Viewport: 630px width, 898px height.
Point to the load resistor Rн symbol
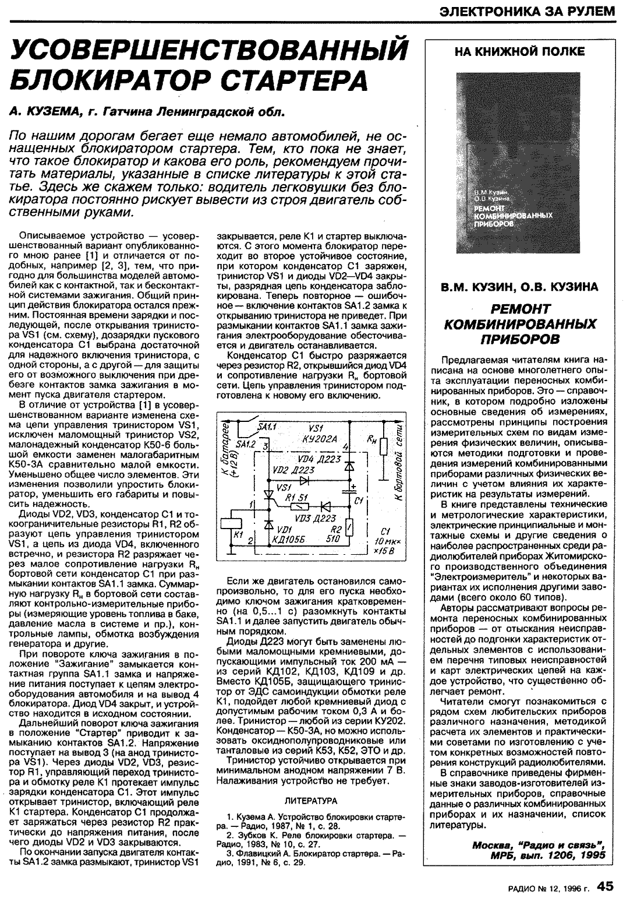click(383, 447)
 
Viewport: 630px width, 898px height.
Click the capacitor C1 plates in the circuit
click(350, 495)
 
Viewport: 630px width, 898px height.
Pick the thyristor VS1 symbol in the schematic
click(268, 495)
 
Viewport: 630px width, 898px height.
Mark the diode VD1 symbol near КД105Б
click(268, 524)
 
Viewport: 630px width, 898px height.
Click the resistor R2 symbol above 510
click(349, 527)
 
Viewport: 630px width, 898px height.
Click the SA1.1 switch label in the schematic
click(270, 427)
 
